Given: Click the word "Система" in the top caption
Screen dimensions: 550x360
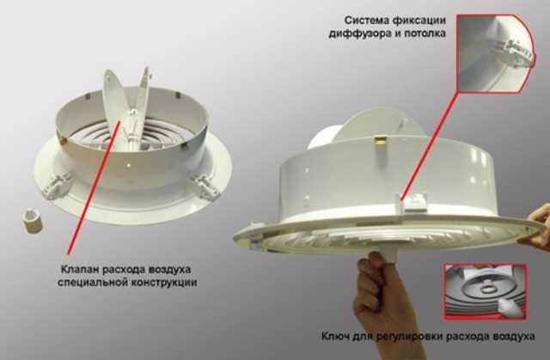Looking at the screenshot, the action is click(366, 21).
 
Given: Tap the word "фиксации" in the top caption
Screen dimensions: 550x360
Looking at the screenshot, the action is click(419, 21).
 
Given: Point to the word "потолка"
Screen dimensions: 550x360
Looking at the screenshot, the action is click(425, 34).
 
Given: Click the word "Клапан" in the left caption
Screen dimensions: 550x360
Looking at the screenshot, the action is click(80, 270).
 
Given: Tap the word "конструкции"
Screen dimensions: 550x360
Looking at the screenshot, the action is click(164, 283).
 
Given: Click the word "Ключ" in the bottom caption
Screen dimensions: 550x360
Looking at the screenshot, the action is click(335, 337).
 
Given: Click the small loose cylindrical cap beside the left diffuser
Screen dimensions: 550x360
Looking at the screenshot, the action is click(33, 220).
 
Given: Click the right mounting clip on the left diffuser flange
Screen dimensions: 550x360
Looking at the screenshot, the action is click(205, 186).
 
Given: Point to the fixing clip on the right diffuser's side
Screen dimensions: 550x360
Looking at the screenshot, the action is click(413, 203).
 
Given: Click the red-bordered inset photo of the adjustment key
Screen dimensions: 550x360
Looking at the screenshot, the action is click(485, 292).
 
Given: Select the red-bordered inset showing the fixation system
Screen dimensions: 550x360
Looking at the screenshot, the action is click(497, 53).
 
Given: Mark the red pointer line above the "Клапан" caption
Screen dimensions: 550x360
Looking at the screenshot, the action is click(94, 187).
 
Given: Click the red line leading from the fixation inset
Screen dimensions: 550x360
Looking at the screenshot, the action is click(430, 145).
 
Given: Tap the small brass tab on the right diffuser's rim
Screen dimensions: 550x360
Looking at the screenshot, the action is click(380, 141).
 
